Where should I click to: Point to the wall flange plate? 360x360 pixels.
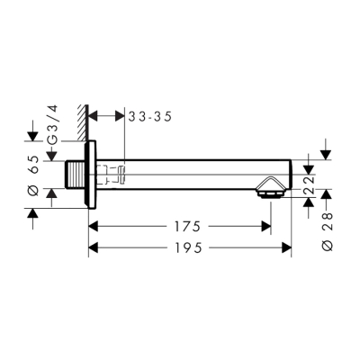coord(90,175)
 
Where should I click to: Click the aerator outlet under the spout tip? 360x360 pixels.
coord(268,190)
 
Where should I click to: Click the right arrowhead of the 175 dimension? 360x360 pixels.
coord(265,226)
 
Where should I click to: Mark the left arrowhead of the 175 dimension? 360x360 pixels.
coord(94,226)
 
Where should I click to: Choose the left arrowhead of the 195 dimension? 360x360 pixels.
coord(94,247)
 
